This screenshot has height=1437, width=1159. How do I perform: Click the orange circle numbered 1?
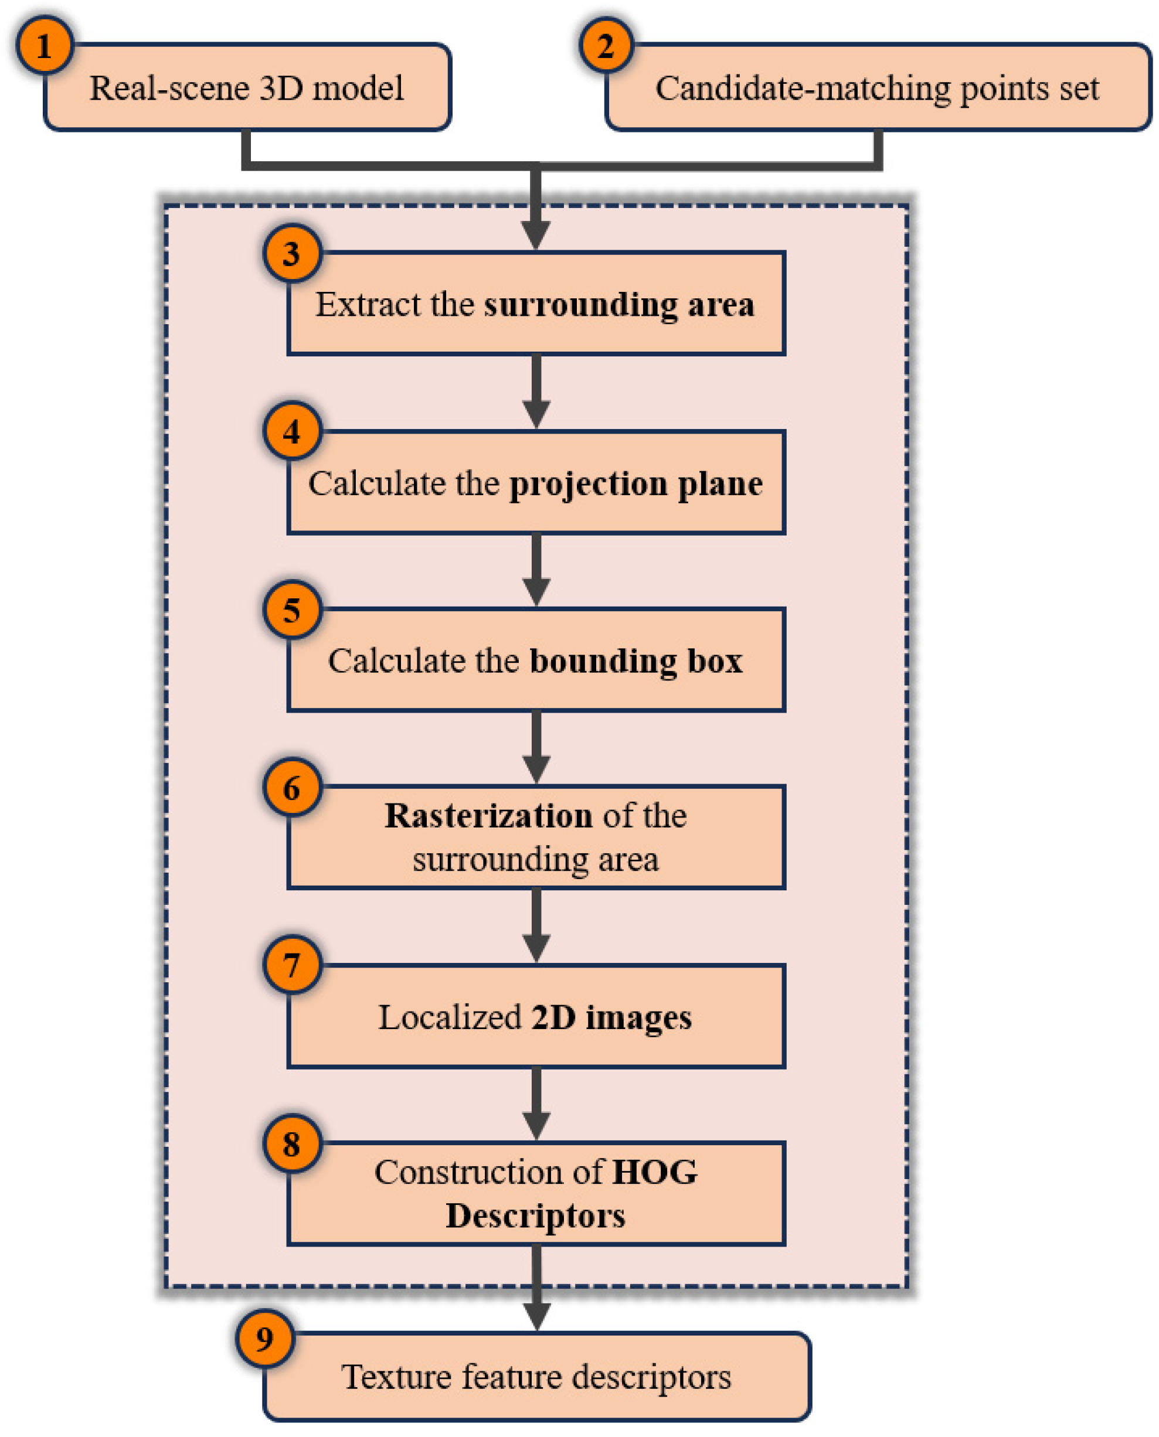click(45, 45)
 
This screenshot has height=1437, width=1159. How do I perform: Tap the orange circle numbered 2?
click(606, 45)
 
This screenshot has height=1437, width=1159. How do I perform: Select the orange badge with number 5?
click(292, 609)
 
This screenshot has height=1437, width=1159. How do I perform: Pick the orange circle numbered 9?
click(265, 1338)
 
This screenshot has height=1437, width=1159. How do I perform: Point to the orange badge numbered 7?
click(292, 965)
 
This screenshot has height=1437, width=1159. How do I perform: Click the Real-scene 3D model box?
click(247, 88)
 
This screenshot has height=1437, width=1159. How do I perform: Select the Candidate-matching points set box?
click(876, 88)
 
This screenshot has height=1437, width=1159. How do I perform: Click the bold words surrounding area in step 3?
click(619, 305)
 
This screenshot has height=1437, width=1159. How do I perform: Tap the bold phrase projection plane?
click(635, 483)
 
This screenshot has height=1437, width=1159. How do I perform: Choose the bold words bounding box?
click(635, 660)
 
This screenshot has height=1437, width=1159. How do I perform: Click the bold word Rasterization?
click(488, 816)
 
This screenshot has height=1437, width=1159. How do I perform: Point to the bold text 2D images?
click(611, 1017)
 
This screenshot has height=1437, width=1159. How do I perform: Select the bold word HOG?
click(654, 1172)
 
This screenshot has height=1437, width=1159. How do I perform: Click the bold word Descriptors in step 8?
click(535, 1215)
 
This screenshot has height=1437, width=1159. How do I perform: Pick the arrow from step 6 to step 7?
click(536, 927)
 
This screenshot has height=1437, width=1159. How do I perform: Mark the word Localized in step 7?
click(449, 1017)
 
